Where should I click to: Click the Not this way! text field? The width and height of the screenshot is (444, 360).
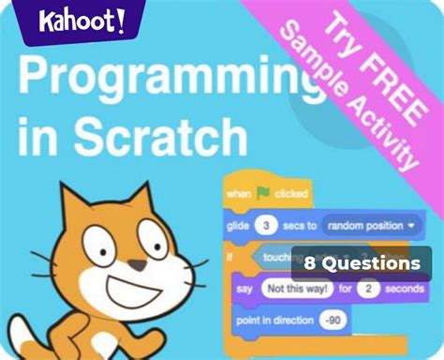click(294, 289)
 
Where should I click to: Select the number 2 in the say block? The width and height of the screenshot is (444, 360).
click(368, 289)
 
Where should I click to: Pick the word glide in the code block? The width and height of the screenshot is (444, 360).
click(238, 226)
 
